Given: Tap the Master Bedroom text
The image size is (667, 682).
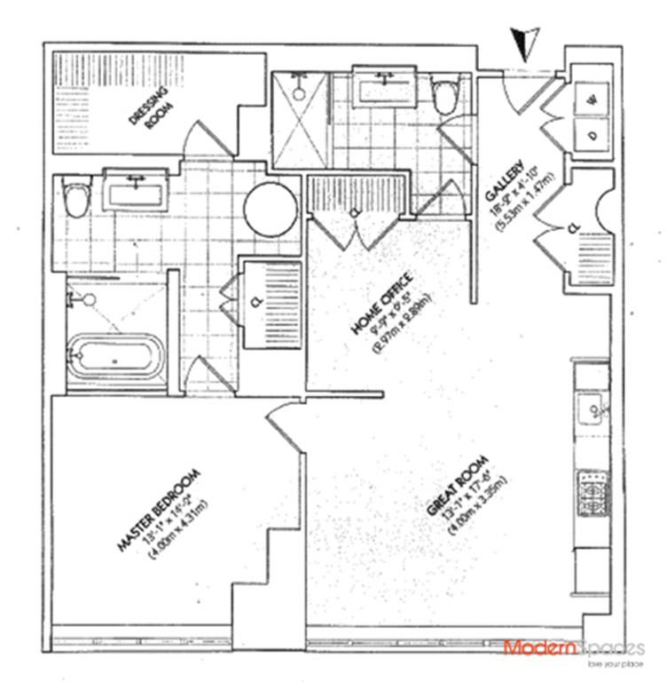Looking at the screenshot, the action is (161, 509).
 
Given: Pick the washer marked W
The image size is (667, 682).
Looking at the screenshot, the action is (590, 100).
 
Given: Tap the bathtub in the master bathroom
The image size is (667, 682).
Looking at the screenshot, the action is (116, 356).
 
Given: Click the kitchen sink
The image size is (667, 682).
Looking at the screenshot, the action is (590, 410).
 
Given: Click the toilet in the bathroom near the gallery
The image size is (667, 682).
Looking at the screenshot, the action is (443, 96).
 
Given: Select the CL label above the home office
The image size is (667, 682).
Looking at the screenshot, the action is (356, 213).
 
